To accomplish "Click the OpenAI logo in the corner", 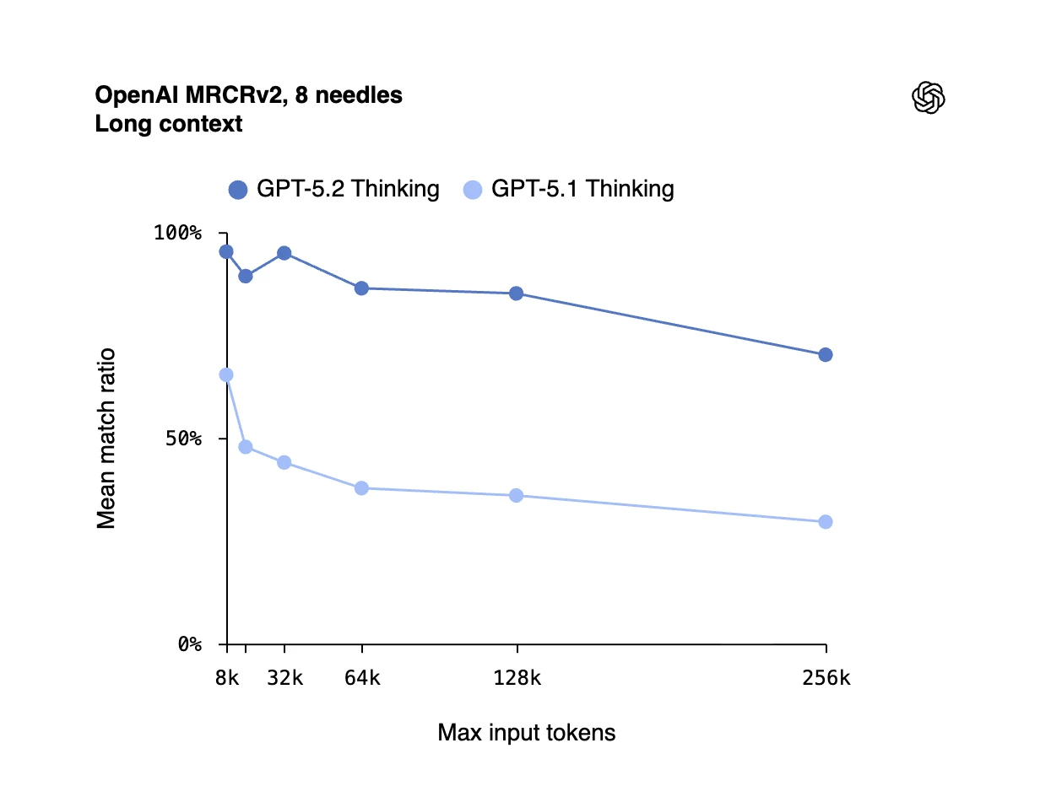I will (929, 98).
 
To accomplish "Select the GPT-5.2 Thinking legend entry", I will (334, 189).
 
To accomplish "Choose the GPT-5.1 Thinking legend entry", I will (569, 189).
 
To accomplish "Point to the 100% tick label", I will (177, 233).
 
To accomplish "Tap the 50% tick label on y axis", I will (181, 439).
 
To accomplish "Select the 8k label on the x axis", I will (227, 678).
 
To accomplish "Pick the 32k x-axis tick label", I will (284, 678).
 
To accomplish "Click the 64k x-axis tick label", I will (362, 678).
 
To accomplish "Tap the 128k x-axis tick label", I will (517, 678).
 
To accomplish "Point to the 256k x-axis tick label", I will (826, 678).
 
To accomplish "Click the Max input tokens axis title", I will (527, 733).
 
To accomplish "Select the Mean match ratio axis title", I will (106, 439).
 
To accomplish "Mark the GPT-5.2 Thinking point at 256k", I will (826, 355).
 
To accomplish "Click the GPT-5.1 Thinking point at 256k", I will (826, 522).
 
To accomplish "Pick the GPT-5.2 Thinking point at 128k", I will (517, 293).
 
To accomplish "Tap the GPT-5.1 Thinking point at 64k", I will (362, 488).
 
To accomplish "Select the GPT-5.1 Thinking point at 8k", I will (226, 374).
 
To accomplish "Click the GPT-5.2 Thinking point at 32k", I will (284, 253).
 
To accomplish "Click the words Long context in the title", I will (169, 124).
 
